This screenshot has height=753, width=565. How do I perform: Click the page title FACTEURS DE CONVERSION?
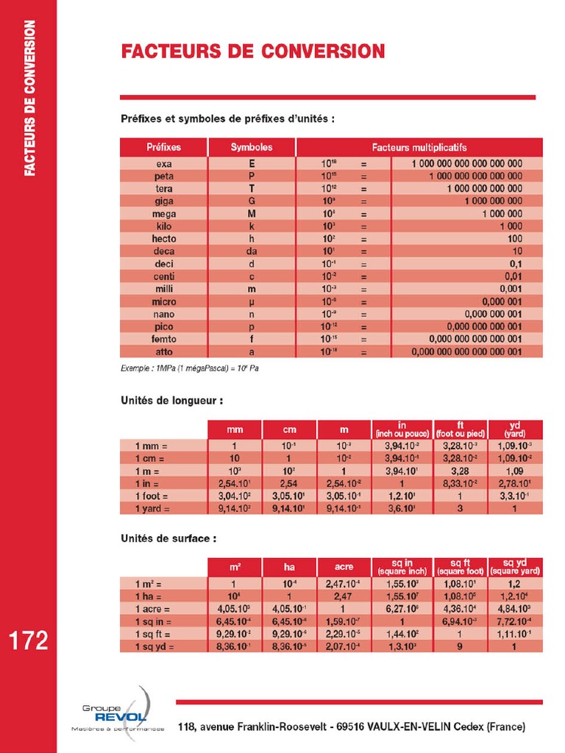pyautogui.click(x=252, y=51)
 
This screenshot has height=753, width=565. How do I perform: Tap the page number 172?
pyautogui.click(x=29, y=640)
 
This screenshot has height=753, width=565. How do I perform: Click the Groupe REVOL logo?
pyautogui.click(x=118, y=713)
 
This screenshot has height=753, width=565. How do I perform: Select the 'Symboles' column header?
pyautogui.click(x=252, y=147)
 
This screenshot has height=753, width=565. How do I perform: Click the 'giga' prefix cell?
pyautogui.click(x=163, y=201)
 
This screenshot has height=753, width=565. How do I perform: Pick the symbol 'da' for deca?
pyautogui.click(x=252, y=251)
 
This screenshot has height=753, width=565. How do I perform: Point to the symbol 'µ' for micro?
pyautogui.click(x=252, y=301)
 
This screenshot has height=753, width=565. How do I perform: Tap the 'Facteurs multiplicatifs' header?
pyautogui.click(x=419, y=147)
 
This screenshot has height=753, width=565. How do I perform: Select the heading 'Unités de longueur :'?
pyautogui.click(x=171, y=402)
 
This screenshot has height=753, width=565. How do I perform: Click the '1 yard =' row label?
pyautogui.click(x=152, y=508)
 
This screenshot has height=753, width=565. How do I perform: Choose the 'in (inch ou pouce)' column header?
pyautogui.click(x=402, y=429)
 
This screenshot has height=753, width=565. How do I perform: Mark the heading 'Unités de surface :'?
pyautogui.click(x=168, y=538)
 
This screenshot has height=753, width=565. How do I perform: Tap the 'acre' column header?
pyautogui.click(x=344, y=567)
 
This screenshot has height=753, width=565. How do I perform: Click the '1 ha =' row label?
pyautogui.click(x=152, y=596)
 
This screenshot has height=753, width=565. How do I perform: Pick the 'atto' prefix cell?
pyautogui.click(x=163, y=351)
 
